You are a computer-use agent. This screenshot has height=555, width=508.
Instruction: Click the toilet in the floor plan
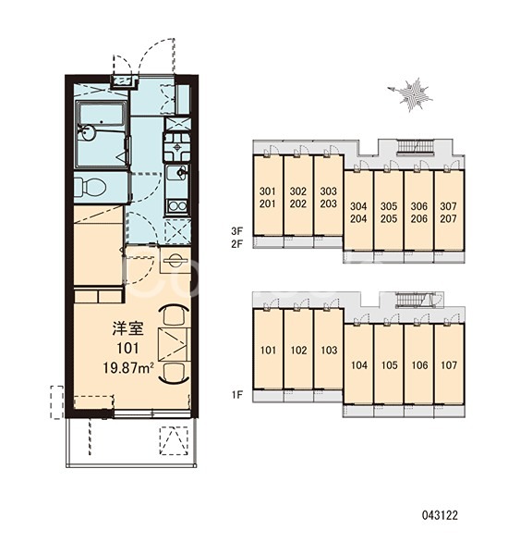90,187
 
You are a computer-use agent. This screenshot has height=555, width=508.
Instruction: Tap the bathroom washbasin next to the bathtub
87,133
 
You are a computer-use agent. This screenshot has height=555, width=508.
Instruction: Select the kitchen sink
177,174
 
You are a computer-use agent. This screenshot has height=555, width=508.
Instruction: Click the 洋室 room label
127,328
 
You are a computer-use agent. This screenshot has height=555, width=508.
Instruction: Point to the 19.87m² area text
128,368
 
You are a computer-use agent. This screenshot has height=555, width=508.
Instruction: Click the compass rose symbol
411,94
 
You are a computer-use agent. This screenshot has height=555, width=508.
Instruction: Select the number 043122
440,515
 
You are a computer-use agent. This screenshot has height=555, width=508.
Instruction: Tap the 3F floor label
237,231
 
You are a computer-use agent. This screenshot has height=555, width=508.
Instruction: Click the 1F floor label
237,395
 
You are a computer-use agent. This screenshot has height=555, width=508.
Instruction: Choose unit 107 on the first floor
449,364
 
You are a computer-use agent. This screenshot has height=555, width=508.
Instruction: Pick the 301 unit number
267,191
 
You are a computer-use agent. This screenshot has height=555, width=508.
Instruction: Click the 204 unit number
358,218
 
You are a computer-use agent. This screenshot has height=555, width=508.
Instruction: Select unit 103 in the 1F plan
329,350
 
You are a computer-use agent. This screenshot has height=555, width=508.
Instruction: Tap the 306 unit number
419,206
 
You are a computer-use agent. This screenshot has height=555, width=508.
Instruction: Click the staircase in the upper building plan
415,145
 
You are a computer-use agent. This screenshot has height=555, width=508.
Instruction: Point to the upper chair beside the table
174,314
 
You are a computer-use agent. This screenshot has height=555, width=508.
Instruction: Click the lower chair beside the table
174,373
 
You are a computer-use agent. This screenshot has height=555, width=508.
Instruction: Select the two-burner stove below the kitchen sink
177,206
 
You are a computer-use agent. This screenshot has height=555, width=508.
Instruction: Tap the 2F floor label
237,244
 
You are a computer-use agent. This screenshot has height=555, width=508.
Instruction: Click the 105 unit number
389,365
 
